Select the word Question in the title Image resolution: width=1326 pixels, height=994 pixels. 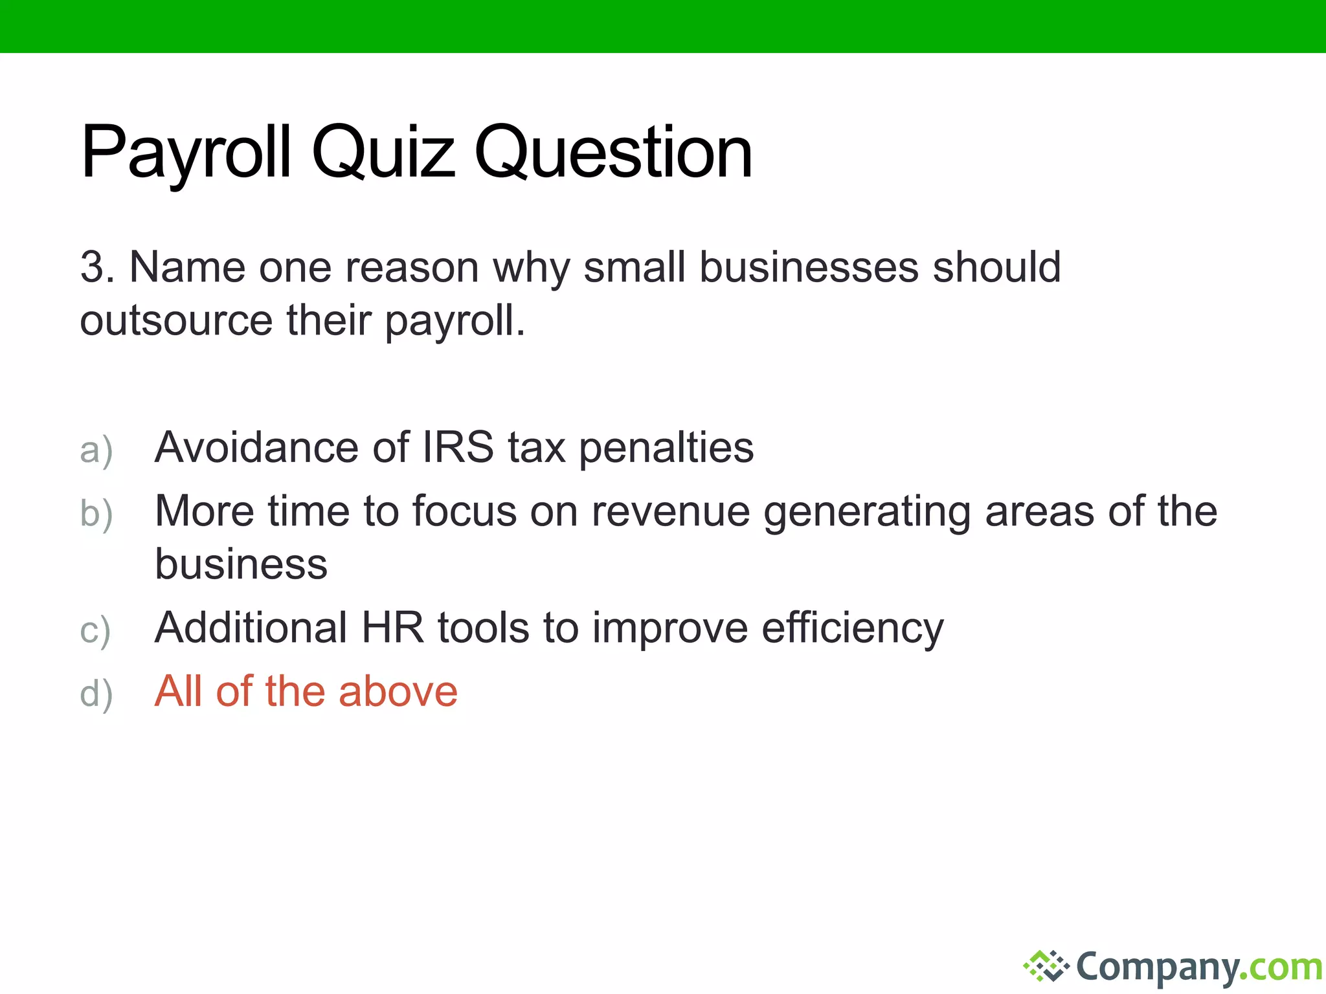coord(613,153)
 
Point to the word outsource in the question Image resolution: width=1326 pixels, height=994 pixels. coord(176,321)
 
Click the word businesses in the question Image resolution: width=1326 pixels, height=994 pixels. coord(809,267)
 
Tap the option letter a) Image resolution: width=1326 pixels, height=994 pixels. coord(96,450)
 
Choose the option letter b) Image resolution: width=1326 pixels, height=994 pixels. coord(96,514)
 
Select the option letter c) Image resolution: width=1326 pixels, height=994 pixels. coord(95,630)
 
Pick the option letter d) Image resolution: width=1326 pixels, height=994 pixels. coord(96,694)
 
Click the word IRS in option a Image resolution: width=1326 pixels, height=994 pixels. coord(458,448)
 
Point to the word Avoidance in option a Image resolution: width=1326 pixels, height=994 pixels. coord(256,448)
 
